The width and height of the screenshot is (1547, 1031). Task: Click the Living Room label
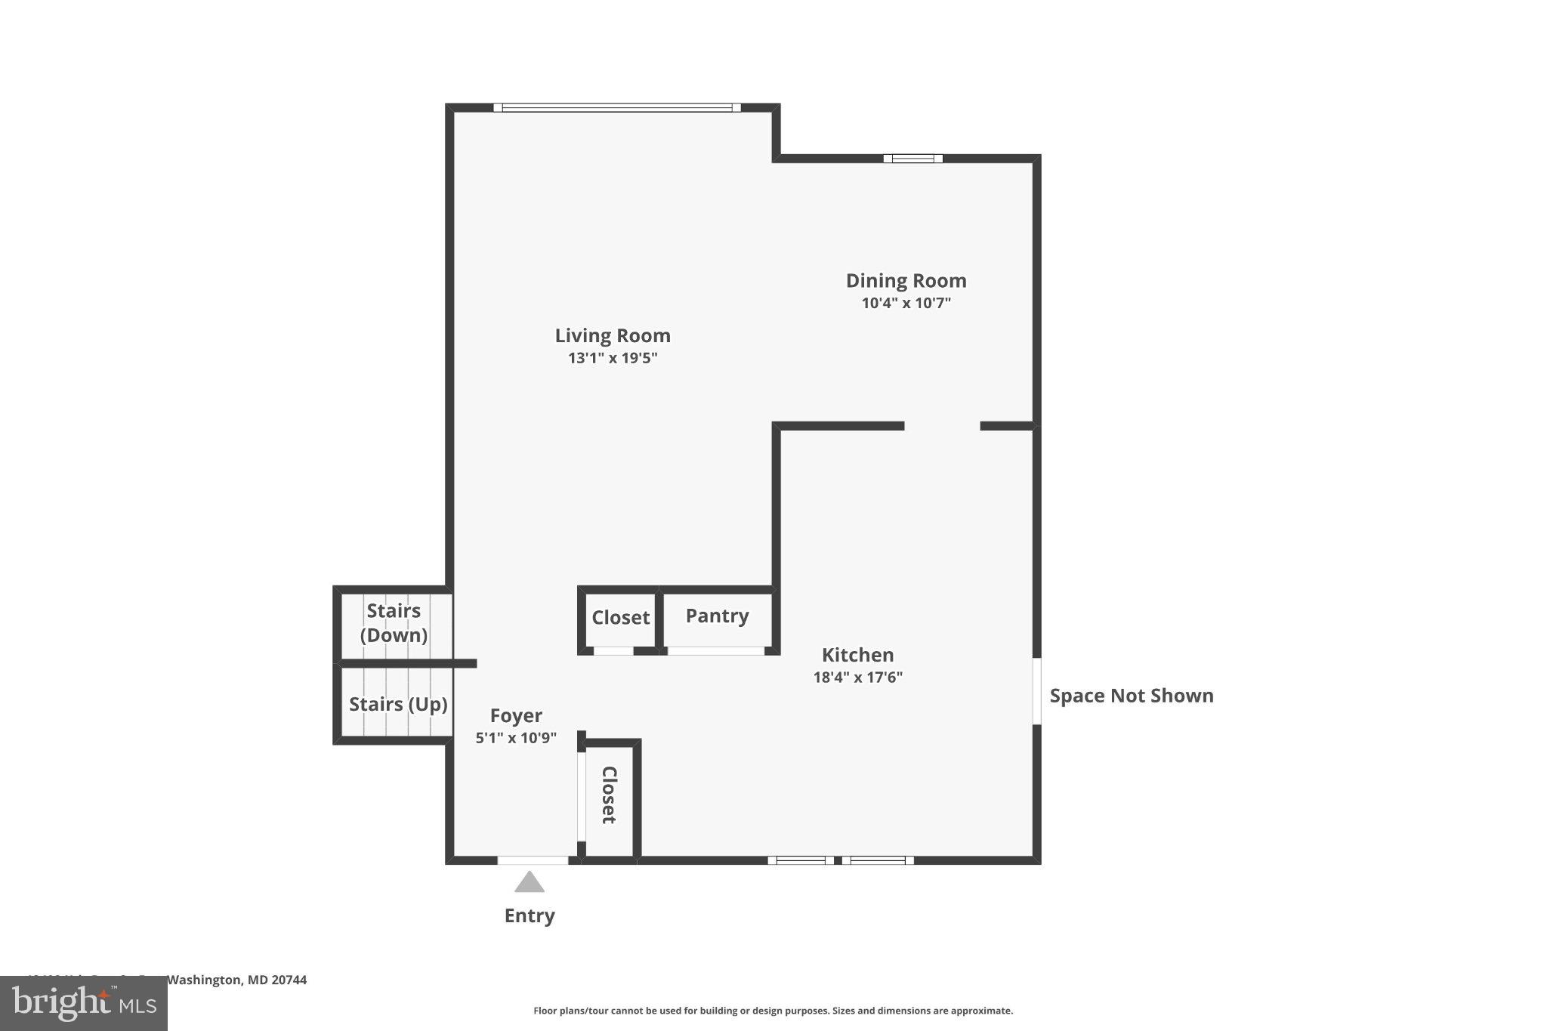613,335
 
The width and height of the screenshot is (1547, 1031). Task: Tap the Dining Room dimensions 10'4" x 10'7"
906,304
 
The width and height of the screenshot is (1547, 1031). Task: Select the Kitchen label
857,655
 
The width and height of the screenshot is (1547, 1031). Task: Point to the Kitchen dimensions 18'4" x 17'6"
857,678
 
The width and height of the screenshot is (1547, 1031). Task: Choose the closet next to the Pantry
620,618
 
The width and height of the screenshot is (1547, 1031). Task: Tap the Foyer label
516,715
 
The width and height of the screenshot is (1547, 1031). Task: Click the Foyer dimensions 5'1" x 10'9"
516,738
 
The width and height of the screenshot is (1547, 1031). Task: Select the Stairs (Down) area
394,623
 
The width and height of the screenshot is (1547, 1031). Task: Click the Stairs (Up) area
397,705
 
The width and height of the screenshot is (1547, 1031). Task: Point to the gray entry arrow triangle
530,883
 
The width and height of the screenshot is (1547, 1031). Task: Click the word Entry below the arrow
530,915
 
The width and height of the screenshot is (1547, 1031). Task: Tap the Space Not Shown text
1132,696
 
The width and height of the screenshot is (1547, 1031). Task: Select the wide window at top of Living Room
617,108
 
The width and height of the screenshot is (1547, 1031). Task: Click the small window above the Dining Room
913,159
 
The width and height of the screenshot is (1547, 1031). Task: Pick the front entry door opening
533,860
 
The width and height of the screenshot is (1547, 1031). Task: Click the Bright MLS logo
84,1003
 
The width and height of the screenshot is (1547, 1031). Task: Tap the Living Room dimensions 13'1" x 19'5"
613,358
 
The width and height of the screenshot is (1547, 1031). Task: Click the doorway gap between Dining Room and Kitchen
942,426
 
